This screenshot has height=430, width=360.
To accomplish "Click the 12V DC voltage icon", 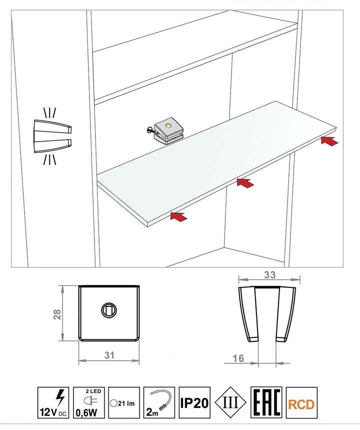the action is click(x=53, y=402).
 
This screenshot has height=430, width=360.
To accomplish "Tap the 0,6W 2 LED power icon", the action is click(x=89, y=402).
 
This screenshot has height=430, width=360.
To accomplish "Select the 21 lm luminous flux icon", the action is click(x=124, y=402).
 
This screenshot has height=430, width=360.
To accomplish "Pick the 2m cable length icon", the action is click(x=159, y=402).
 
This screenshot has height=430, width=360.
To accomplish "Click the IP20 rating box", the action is click(x=194, y=402).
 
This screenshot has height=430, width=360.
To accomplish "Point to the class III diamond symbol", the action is click(x=230, y=402).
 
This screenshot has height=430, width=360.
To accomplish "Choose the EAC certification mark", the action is click(x=266, y=402).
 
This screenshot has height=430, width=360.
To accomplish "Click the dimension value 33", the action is click(x=269, y=275).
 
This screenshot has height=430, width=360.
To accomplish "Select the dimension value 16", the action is click(x=238, y=358).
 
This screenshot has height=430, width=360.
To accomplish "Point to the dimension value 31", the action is click(x=109, y=355).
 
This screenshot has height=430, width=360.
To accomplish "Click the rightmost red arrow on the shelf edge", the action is click(x=330, y=141).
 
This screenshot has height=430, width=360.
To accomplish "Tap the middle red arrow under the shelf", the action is click(x=245, y=183).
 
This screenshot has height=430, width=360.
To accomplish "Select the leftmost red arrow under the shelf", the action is click(x=179, y=217).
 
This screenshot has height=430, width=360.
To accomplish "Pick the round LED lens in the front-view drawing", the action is click(x=109, y=310).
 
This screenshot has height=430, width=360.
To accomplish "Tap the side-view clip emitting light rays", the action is click(x=52, y=136).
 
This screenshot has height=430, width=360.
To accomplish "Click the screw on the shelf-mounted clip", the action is click(x=150, y=129).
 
